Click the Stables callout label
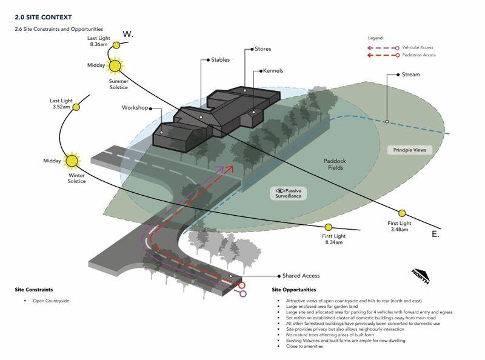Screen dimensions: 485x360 220,59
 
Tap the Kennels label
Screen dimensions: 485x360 273,70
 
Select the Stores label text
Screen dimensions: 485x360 263,49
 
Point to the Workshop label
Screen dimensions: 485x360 135,108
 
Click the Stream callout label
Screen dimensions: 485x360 411,75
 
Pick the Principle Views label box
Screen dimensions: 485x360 410,150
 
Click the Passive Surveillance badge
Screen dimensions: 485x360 289,193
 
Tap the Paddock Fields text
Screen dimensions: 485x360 335,164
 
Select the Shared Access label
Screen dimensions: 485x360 301,276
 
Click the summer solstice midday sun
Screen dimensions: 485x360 115,66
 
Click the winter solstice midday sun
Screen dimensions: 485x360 72,161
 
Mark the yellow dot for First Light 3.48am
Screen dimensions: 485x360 402,213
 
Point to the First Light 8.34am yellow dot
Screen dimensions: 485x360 329,227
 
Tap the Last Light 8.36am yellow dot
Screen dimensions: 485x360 116,45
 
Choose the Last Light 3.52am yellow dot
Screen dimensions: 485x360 76,107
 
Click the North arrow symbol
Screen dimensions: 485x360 421,276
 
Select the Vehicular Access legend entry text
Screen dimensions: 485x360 418,47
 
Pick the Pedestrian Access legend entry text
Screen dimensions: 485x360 419,55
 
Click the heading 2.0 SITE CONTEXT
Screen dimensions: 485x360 43,18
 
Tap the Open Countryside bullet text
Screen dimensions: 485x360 51,301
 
